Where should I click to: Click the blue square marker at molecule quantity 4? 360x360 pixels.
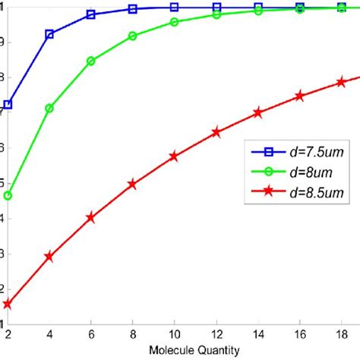tap(49, 34)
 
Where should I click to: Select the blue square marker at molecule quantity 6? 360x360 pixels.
tap(91, 14)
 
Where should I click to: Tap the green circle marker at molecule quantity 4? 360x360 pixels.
tap(49, 109)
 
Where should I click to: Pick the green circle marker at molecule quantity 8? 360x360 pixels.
tap(133, 36)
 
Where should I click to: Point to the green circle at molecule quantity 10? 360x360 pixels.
tap(175, 22)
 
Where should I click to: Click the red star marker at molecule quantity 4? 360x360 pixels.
tap(49, 257)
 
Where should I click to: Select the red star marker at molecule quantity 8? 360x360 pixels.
tap(133, 184)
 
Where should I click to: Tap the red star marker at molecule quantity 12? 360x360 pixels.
tap(216, 132)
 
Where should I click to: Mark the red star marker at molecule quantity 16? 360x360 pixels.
tap(300, 96)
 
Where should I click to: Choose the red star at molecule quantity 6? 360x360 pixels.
tap(91, 217)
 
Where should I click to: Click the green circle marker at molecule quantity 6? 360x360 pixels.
tap(91, 61)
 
